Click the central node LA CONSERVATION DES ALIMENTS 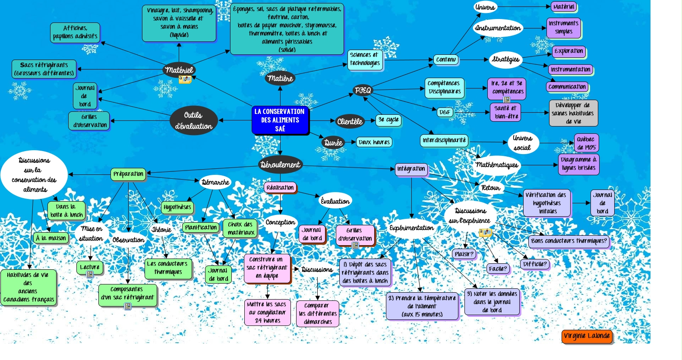click(x=280, y=120)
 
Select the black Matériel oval click(x=179, y=70)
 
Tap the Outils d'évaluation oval click(x=193, y=120)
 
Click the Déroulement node click(x=280, y=164)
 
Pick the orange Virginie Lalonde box click(x=587, y=336)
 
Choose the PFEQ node click(x=363, y=90)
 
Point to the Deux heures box click(x=374, y=142)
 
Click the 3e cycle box click(x=388, y=120)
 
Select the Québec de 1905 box click(x=586, y=143)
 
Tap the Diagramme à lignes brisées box click(x=578, y=164)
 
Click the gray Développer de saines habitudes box click(x=573, y=113)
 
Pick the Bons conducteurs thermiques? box click(x=569, y=241)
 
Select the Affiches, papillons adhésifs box click(x=75, y=32)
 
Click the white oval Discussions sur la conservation click(x=35, y=175)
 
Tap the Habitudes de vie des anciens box click(x=28, y=287)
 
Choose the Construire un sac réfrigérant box click(x=267, y=268)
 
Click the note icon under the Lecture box click(x=90, y=275)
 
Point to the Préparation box click(x=128, y=174)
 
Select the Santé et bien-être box click(x=505, y=112)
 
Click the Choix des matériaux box click(x=240, y=228)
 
